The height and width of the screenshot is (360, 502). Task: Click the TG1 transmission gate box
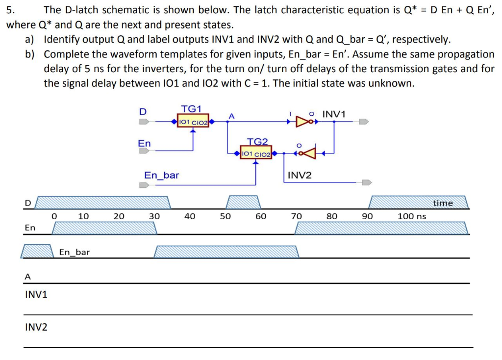pyautogui.click(x=193, y=121)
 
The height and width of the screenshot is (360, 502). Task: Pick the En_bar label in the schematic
pyautogui.click(x=161, y=175)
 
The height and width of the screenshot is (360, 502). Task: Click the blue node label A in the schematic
pyautogui.click(x=232, y=116)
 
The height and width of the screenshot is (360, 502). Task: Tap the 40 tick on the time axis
pyautogui.click(x=190, y=216)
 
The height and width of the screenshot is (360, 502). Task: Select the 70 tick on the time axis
pyautogui.click(x=296, y=216)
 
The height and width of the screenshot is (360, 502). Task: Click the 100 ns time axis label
pyautogui.click(x=411, y=216)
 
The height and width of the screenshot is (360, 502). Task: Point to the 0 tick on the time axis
pyautogui.click(x=54, y=216)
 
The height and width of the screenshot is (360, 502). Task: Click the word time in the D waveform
pyautogui.click(x=443, y=203)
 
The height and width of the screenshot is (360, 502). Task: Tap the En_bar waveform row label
pyautogui.click(x=75, y=252)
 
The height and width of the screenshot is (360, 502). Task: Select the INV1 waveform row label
pyautogui.click(x=36, y=295)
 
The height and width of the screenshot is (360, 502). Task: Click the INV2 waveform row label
pyautogui.click(x=36, y=327)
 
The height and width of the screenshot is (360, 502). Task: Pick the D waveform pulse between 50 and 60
pyautogui.click(x=243, y=202)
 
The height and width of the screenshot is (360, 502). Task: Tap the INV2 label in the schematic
pyautogui.click(x=300, y=175)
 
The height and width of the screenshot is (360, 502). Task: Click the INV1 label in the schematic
pyautogui.click(x=334, y=114)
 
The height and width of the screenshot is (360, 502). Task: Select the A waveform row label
pyautogui.click(x=27, y=277)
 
